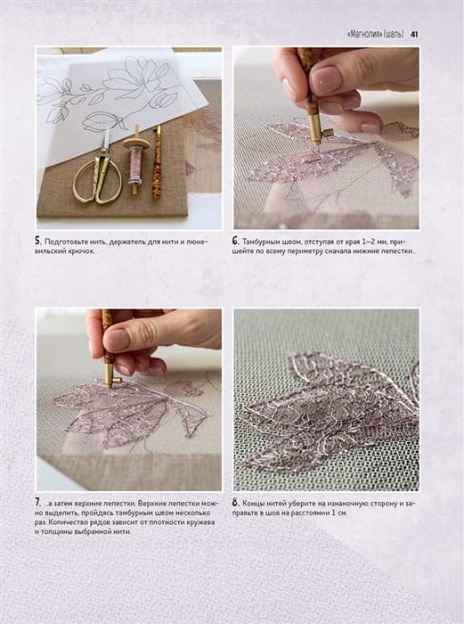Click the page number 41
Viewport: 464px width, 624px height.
pyautogui.click(x=413, y=35)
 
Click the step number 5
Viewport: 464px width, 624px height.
pyautogui.click(x=37, y=241)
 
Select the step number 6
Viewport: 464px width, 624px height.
pyautogui.click(x=235, y=241)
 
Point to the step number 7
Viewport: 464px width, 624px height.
pyautogui.click(x=37, y=503)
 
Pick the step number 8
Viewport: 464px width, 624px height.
pyautogui.click(x=235, y=503)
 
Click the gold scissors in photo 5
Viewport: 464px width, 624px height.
pyautogui.click(x=99, y=170)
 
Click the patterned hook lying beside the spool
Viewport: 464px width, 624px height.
pyautogui.click(x=157, y=162)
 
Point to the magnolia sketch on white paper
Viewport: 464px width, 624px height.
pyautogui.click(x=115, y=92)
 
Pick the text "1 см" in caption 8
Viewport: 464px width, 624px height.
pyautogui.click(x=340, y=513)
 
